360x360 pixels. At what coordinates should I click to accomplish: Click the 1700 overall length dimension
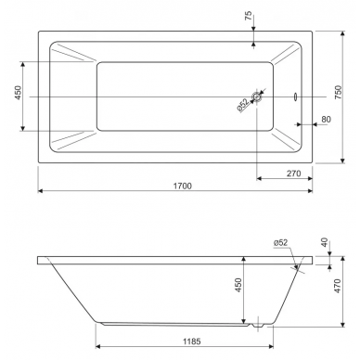pos(183,186)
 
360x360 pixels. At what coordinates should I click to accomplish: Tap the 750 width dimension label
pos(339,92)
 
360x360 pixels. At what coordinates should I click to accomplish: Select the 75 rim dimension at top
pos(249,16)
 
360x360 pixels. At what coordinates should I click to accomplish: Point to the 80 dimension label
pos(326,120)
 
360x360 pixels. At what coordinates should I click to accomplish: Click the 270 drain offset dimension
pos(293,174)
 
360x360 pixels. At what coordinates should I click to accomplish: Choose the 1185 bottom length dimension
pos(192,341)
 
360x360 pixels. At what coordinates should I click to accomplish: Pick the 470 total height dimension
pos(338,286)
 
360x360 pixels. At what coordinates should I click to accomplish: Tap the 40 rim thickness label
pos(325,242)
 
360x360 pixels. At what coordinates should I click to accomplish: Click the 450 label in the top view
pos(18,93)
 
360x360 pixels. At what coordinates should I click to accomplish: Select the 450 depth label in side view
pos(238,286)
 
